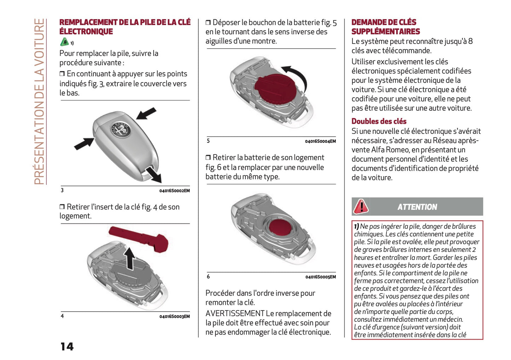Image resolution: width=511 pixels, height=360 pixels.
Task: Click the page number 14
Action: [x=67, y=346]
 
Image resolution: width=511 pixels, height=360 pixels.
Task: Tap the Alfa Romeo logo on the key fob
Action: [x=121, y=130]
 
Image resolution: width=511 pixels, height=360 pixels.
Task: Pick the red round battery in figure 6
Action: [x=281, y=226]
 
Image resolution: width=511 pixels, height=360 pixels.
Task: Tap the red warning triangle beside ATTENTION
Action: [x=361, y=207]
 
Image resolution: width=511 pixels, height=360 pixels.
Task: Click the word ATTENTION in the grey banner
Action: [x=417, y=207]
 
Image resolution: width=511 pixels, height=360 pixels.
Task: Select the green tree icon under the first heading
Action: [x=64, y=42]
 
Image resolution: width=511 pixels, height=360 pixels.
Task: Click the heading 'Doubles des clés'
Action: [x=379, y=121]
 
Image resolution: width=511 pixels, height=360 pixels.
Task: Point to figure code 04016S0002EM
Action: [x=174, y=191]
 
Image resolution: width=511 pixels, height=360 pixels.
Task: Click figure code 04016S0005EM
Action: [x=320, y=277]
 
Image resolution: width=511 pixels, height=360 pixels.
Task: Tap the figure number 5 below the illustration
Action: [x=208, y=141]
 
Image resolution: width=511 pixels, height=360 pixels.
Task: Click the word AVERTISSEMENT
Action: [x=235, y=313]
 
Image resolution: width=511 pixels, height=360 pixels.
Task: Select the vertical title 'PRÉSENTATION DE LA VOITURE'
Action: [x=39, y=101]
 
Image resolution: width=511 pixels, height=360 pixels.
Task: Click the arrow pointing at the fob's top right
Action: [x=146, y=114]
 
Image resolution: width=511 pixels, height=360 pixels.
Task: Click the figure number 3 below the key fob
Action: [x=62, y=190]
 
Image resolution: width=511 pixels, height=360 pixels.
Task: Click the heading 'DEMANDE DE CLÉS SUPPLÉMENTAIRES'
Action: [x=385, y=27]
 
